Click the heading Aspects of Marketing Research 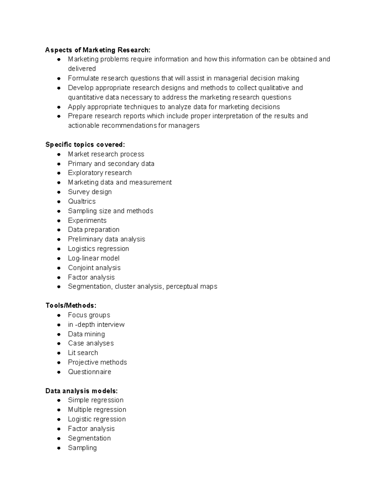98,50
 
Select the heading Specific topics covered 85,145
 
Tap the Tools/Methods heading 71,306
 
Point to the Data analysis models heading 81,391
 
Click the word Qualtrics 82,202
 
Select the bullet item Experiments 87,221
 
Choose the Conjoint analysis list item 94,268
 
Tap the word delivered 82,69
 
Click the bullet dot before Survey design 59,192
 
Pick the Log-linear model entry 94,258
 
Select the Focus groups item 89,315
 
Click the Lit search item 83,353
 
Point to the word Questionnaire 89,372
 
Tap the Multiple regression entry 97,410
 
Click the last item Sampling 82,448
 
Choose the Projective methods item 97,363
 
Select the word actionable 84,126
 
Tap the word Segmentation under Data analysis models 89,438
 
